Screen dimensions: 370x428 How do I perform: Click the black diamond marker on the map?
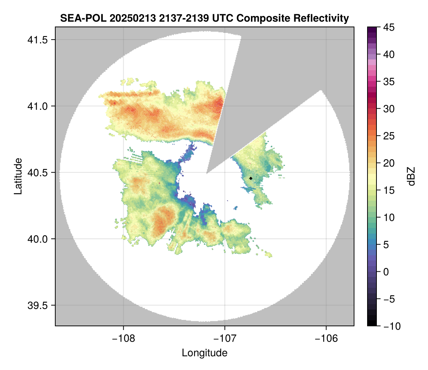pos(251,178)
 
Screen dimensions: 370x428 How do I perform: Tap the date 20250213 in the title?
pos(124,18)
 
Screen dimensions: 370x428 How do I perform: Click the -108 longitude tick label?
pos(123,338)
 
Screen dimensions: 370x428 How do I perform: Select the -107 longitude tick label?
pos(225,338)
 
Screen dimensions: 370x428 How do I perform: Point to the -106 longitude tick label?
pos(326,338)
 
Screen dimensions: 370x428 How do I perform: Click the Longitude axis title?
pos(204,353)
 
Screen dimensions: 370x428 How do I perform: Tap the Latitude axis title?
pos(18,176)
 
